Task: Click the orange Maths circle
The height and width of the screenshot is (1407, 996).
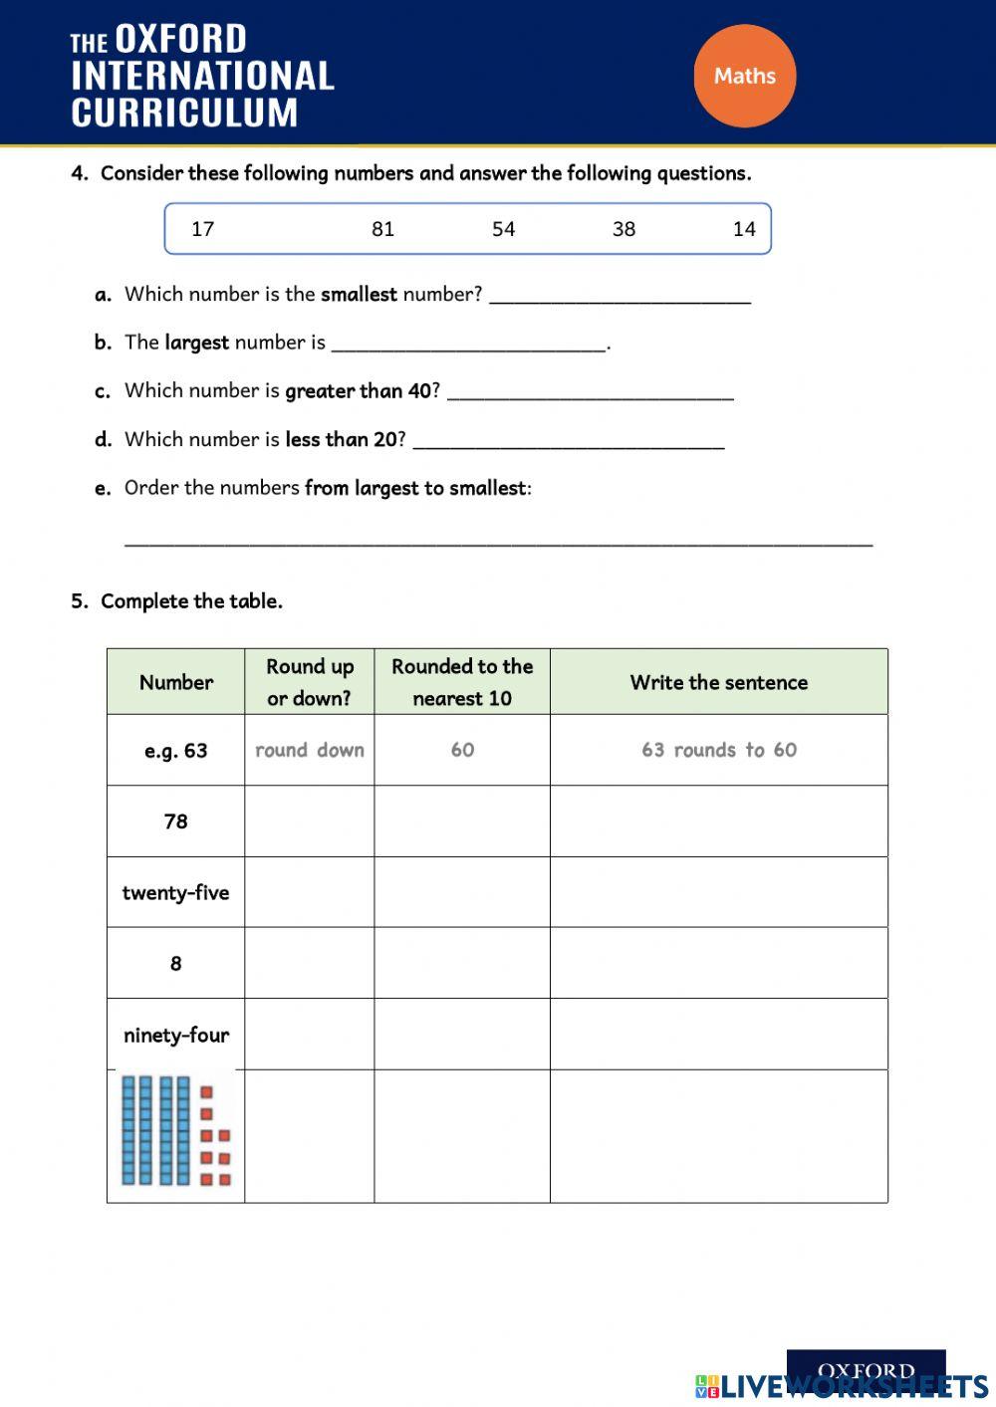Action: point(745,76)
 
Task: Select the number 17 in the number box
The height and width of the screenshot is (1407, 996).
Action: point(203,229)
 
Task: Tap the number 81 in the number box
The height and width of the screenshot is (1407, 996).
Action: point(383,229)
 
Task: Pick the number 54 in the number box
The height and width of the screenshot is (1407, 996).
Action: point(504,229)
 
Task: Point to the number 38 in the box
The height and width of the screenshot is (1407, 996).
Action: point(624,229)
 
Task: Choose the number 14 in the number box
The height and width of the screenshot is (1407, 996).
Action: point(744,229)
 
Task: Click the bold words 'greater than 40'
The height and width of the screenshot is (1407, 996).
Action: point(359,391)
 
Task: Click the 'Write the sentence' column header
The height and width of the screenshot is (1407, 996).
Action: point(719,682)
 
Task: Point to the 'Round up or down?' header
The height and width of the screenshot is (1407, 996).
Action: point(310,682)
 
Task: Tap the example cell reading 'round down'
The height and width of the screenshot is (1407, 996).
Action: point(310,750)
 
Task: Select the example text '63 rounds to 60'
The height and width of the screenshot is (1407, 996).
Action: point(719,750)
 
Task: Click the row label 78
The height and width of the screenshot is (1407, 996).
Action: point(176,821)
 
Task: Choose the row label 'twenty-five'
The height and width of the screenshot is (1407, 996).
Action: point(176,892)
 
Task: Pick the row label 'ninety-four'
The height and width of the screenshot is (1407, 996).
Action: point(176,1035)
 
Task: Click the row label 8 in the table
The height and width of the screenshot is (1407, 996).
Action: point(176,964)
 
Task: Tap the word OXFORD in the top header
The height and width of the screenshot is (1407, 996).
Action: point(181,40)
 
